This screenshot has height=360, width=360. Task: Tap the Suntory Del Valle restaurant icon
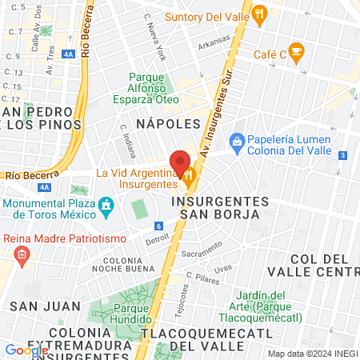click(x=260, y=14)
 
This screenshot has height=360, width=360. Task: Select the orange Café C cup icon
click(x=297, y=54)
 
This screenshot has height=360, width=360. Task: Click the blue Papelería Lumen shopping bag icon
click(x=237, y=141)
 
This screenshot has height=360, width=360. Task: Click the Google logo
click(x=26, y=350)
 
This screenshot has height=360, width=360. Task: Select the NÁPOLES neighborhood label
click(x=167, y=124)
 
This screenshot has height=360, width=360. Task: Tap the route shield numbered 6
click(x=159, y=226)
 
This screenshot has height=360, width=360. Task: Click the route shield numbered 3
click(x=342, y=155)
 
